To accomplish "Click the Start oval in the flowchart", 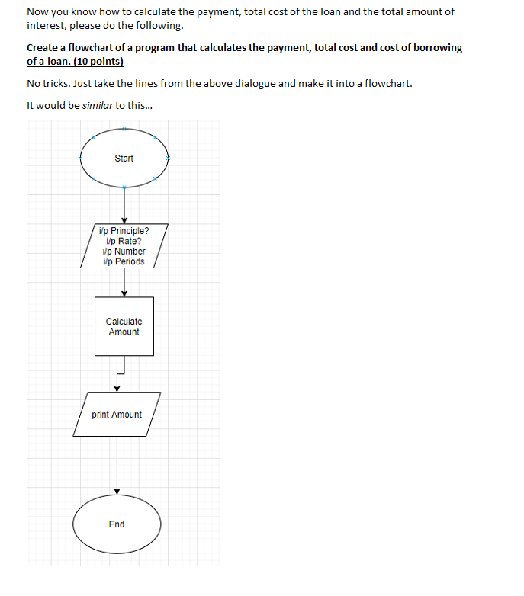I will tap(124, 159).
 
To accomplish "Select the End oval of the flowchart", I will tap(117, 524).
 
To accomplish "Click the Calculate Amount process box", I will tap(124, 326).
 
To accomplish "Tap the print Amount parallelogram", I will tap(117, 415).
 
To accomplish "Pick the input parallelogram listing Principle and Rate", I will tap(124, 245).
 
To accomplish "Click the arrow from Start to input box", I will tap(124, 204).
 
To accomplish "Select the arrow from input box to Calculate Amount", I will tap(124, 282).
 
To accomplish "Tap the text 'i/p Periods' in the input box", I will tap(123, 261).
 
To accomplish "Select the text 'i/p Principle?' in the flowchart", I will tap(124, 230).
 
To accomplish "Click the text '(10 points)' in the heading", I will tap(98, 61).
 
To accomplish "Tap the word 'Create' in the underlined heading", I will tap(42, 48).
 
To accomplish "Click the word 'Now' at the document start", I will tap(37, 12).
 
